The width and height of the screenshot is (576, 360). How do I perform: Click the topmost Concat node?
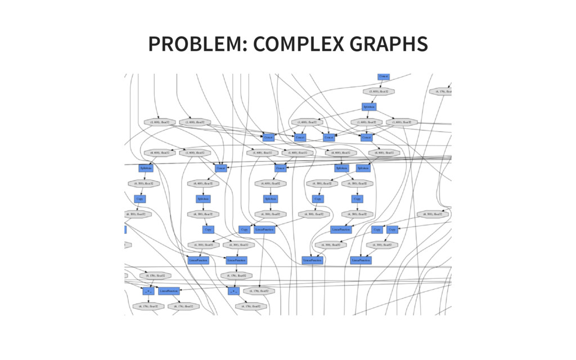pos(384,76)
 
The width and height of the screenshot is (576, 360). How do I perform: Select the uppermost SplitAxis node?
pos(368,106)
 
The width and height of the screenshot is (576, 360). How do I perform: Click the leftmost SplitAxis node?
pos(146,168)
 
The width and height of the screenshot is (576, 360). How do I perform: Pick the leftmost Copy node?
pos(139,199)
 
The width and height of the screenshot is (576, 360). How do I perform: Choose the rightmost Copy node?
pos(393,229)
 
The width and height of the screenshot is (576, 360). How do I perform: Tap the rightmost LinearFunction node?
pos(361,260)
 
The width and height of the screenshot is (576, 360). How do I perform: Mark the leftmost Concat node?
pos(221,168)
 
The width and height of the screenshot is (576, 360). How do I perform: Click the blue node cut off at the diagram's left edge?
pos(125,229)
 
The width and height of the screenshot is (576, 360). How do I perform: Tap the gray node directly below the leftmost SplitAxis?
pos(141,183)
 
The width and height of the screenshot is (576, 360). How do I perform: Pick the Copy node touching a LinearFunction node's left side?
pos(244,229)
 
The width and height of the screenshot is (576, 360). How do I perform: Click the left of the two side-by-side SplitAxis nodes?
pos(341,168)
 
